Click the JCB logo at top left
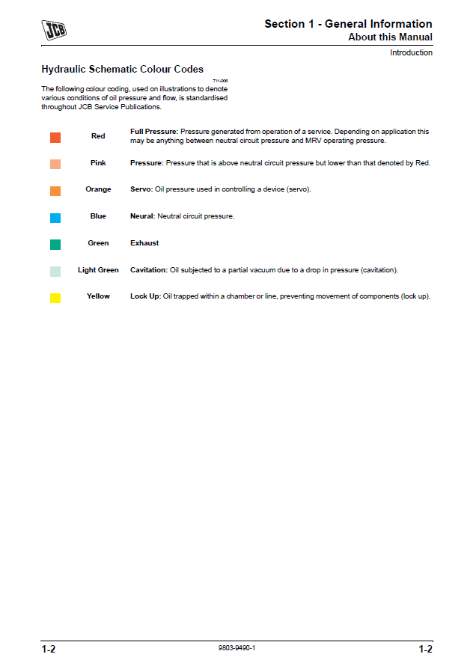[x=53, y=29]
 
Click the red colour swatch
[x=55, y=137]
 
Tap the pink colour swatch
[x=55, y=164]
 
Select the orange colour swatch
[x=55, y=191]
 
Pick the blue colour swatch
[x=55, y=218]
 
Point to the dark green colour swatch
[x=55, y=244]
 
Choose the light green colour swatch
[x=55, y=271]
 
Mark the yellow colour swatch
[x=55, y=298]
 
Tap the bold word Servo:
[x=141, y=189]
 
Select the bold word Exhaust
[x=144, y=243]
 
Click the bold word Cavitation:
[x=149, y=270]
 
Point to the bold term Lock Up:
[x=146, y=296]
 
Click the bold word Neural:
[x=142, y=216]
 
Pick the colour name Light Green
[x=98, y=270]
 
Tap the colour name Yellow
[x=98, y=296]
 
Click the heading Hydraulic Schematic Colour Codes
[x=122, y=70]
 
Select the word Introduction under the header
[x=411, y=52]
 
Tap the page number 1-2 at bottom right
[x=424, y=650]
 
